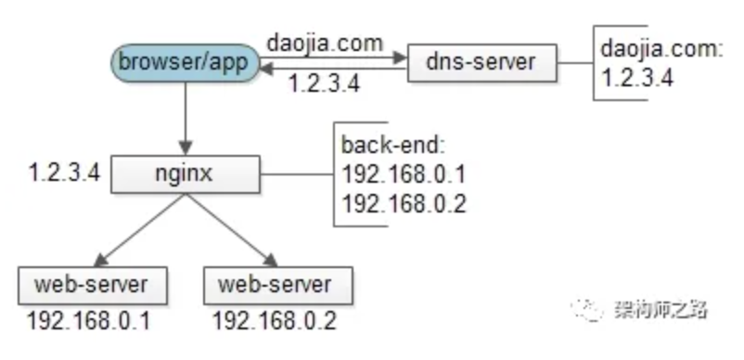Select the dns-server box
click(481, 64)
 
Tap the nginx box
click(186, 173)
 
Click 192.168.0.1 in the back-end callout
click(402, 174)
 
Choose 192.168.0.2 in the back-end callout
click(402, 202)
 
